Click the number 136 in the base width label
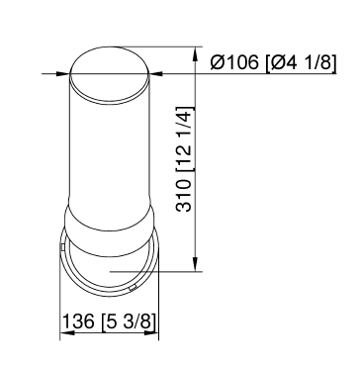point(79,322)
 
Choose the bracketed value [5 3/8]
point(130,322)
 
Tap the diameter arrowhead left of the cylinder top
point(60,72)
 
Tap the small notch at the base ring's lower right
point(134,288)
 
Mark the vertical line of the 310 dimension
point(201,168)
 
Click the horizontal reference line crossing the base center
point(158,269)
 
